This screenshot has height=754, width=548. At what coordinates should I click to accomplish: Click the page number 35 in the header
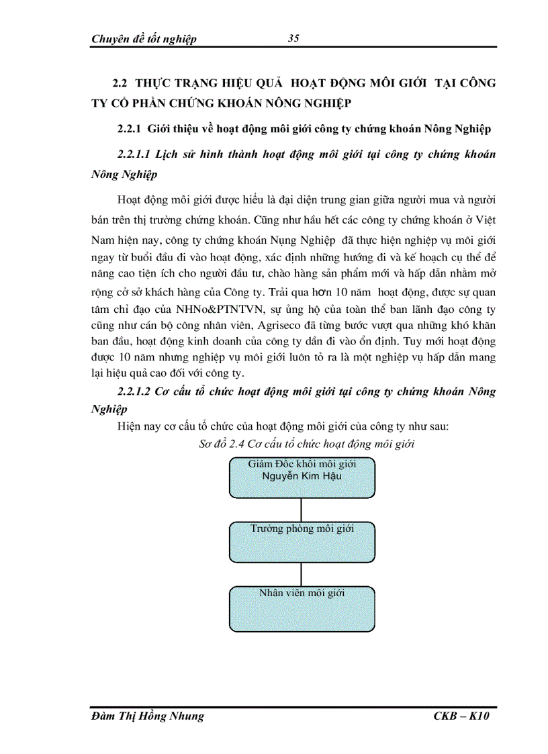coord(293,38)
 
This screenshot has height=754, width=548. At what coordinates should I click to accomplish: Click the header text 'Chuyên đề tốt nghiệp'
coord(144,39)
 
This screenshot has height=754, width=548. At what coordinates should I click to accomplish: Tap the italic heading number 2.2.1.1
coord(133,154)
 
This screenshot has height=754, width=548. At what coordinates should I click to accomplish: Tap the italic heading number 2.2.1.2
coord(133,391)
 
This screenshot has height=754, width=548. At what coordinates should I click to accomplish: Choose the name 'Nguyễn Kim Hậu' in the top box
coord(302,476)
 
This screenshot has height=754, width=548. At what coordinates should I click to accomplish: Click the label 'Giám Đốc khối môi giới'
coord(302,464)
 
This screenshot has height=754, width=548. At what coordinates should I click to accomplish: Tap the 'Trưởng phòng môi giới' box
coord(302,542)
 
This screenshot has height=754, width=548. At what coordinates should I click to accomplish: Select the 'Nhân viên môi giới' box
coord(302,608)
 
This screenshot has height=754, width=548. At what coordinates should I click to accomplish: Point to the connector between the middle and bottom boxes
coord(301,574)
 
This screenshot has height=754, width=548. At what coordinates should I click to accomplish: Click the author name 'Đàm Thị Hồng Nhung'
coord(147,717)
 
